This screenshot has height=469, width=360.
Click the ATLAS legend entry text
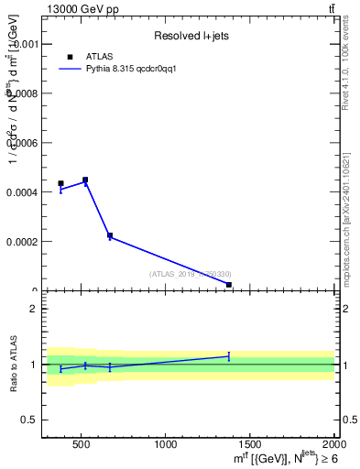(x=99, y=56)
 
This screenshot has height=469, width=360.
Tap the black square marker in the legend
(x=70, y=56)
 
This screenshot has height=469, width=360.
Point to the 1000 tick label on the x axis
(x=166, y=445)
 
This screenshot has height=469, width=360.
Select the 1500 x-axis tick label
(x=251, y=445)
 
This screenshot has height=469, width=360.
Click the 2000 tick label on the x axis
(x=334, y=445)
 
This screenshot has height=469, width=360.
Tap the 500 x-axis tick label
(x=82, y=445)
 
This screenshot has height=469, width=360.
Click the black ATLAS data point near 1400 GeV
(x=228, y=285)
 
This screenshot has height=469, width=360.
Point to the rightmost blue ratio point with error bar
(x=228, y=355)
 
